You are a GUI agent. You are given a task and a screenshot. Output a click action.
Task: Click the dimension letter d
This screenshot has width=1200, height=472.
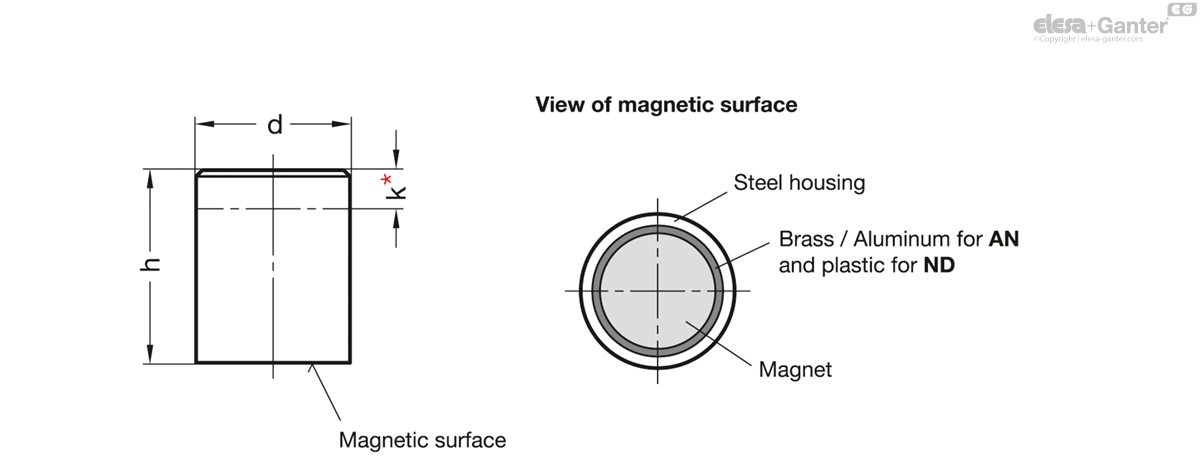[x=275, y=125]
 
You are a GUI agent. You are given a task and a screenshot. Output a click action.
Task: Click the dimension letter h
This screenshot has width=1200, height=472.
[x=151, y=265]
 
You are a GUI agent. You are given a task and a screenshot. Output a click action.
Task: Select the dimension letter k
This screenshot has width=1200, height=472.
[x=396, y=192]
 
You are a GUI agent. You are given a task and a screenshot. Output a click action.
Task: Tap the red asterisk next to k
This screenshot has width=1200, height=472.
[x=386, y=179]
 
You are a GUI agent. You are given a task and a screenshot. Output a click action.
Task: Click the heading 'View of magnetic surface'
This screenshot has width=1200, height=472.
[x=666, y=104]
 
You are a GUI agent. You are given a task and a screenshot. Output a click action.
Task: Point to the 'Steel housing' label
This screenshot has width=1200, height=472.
[x=799, y=183]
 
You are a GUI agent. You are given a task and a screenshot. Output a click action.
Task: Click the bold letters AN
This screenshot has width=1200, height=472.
[x=1004, y=239]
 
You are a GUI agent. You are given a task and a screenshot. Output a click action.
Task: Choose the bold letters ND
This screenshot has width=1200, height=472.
[x=939, y=265]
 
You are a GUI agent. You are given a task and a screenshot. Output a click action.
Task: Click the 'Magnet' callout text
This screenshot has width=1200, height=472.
[x=796, y=370]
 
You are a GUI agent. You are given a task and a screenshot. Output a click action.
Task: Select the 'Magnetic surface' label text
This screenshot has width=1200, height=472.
[x=423, y=440]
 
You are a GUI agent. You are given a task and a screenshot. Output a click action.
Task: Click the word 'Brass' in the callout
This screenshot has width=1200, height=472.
[x=806, y=239]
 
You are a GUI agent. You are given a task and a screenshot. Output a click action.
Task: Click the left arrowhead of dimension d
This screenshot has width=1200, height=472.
[x=204, y=124]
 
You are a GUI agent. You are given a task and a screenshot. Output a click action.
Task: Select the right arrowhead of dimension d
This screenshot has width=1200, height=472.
[x=342, y=124]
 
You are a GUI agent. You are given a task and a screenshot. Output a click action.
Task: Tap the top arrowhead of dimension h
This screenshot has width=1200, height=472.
[x=150, y=179]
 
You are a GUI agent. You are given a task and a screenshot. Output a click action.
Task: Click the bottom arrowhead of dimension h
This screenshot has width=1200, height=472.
[x=150, y=354]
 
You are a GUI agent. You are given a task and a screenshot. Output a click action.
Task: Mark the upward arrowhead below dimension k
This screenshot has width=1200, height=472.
[x=396, y=219]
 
